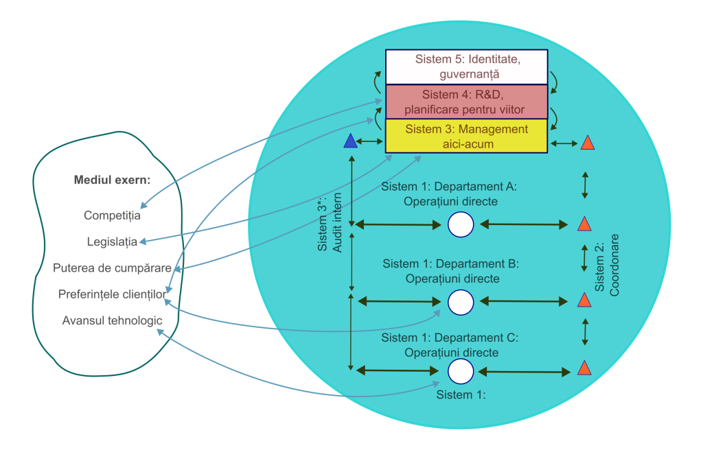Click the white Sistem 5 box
466,67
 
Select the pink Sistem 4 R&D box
466,102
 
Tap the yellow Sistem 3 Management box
466,136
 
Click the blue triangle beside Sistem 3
351,141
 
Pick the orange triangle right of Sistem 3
587,143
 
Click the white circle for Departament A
461,224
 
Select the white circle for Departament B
461,301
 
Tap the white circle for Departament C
461,371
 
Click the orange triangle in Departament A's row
584,224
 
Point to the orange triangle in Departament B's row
584,300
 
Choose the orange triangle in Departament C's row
584,368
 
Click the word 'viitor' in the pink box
510,109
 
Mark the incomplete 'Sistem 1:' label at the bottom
461,395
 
